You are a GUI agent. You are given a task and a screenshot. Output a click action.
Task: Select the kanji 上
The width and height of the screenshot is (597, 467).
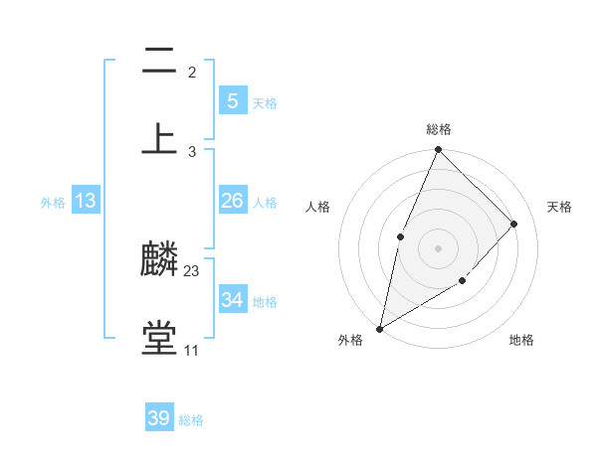tap(159, 138)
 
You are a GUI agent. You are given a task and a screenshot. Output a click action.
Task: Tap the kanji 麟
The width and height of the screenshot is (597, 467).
tap(159, 260)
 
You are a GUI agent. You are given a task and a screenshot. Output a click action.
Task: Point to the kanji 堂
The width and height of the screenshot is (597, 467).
tap(159, 338)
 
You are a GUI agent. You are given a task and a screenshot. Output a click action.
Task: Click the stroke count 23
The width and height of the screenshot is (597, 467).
tap(192, 270)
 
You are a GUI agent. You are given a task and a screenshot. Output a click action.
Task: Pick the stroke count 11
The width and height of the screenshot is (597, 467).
tap(191, 350)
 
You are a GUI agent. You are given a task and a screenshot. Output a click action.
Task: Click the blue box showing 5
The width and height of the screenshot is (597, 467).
tap(232, 101)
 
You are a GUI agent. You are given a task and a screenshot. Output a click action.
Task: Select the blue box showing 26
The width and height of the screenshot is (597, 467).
tap(232, 201)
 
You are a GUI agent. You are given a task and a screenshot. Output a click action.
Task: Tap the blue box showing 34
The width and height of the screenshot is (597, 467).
tap(232, 299)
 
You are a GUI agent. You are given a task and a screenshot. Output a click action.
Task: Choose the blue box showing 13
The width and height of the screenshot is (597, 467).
tap(86, 201)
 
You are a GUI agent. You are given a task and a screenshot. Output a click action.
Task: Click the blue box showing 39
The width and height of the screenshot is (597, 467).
tap(159, 418)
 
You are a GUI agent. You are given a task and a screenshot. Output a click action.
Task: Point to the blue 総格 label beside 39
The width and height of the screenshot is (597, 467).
tap(191, 420)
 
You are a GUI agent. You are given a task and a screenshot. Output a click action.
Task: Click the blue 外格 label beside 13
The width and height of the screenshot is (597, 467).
tap(53, 203)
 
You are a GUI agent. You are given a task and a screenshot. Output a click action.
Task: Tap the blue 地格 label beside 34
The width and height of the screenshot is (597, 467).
tap(265, 301)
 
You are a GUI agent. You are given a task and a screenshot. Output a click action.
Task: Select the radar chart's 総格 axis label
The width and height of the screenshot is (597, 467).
tap(439, 129)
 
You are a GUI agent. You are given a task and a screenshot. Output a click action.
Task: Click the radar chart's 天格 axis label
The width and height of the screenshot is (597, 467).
tap(559, 207)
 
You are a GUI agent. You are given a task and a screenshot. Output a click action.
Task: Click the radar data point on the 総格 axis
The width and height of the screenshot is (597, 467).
tap(438, 150)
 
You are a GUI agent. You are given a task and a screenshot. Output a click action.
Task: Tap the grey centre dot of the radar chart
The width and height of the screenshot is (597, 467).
tap(438, 247)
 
